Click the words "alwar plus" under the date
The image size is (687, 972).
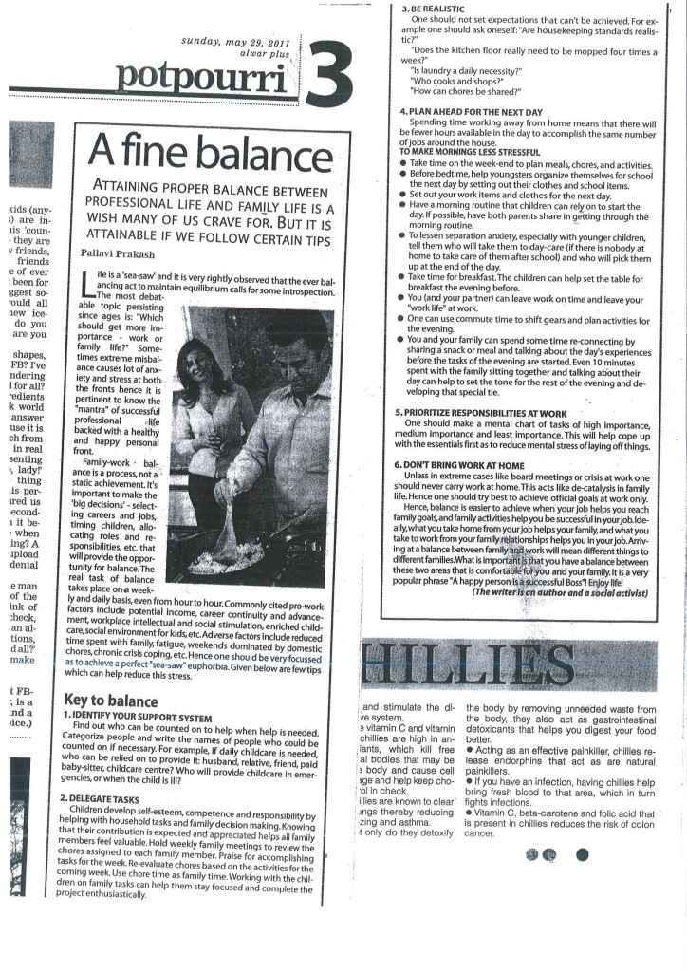tap(269, 56)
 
